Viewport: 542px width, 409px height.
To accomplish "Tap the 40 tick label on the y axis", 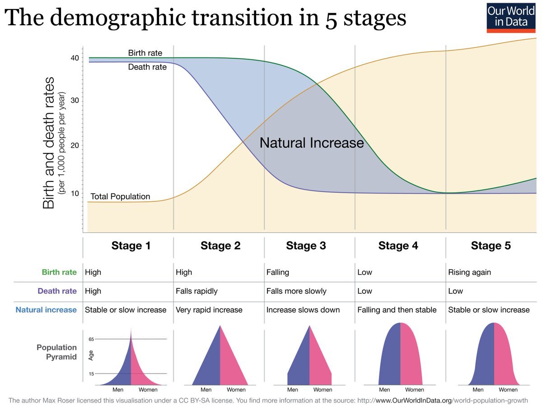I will pos(75,58).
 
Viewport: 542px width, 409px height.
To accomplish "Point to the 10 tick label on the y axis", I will pos(75,193).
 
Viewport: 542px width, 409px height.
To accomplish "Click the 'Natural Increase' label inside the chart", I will pos(312,143).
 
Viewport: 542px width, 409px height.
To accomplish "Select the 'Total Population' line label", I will pos(120,197).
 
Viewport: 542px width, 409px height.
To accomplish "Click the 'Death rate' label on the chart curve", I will pos(147,67).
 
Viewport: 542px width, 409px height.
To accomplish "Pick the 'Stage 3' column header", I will pos(306,246).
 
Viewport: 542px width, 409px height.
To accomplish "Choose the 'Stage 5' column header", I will pos(491,246).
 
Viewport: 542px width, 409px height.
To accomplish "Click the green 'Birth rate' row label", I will pos(59,272).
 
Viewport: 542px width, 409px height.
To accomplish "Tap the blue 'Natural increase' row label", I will pos(46,310).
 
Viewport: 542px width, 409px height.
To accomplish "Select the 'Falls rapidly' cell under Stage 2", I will pos(196,291).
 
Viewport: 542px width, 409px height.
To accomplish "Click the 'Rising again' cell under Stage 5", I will pos(469,272).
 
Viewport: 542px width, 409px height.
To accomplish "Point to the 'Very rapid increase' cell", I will pos(209,310).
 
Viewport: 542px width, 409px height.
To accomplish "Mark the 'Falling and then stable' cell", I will pos(397,310).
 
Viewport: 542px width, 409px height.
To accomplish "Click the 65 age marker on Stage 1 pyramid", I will pos(91,339).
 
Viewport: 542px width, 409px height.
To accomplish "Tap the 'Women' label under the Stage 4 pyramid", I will pos(415,390).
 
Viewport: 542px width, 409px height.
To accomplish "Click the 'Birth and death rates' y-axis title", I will pos(49,143).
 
